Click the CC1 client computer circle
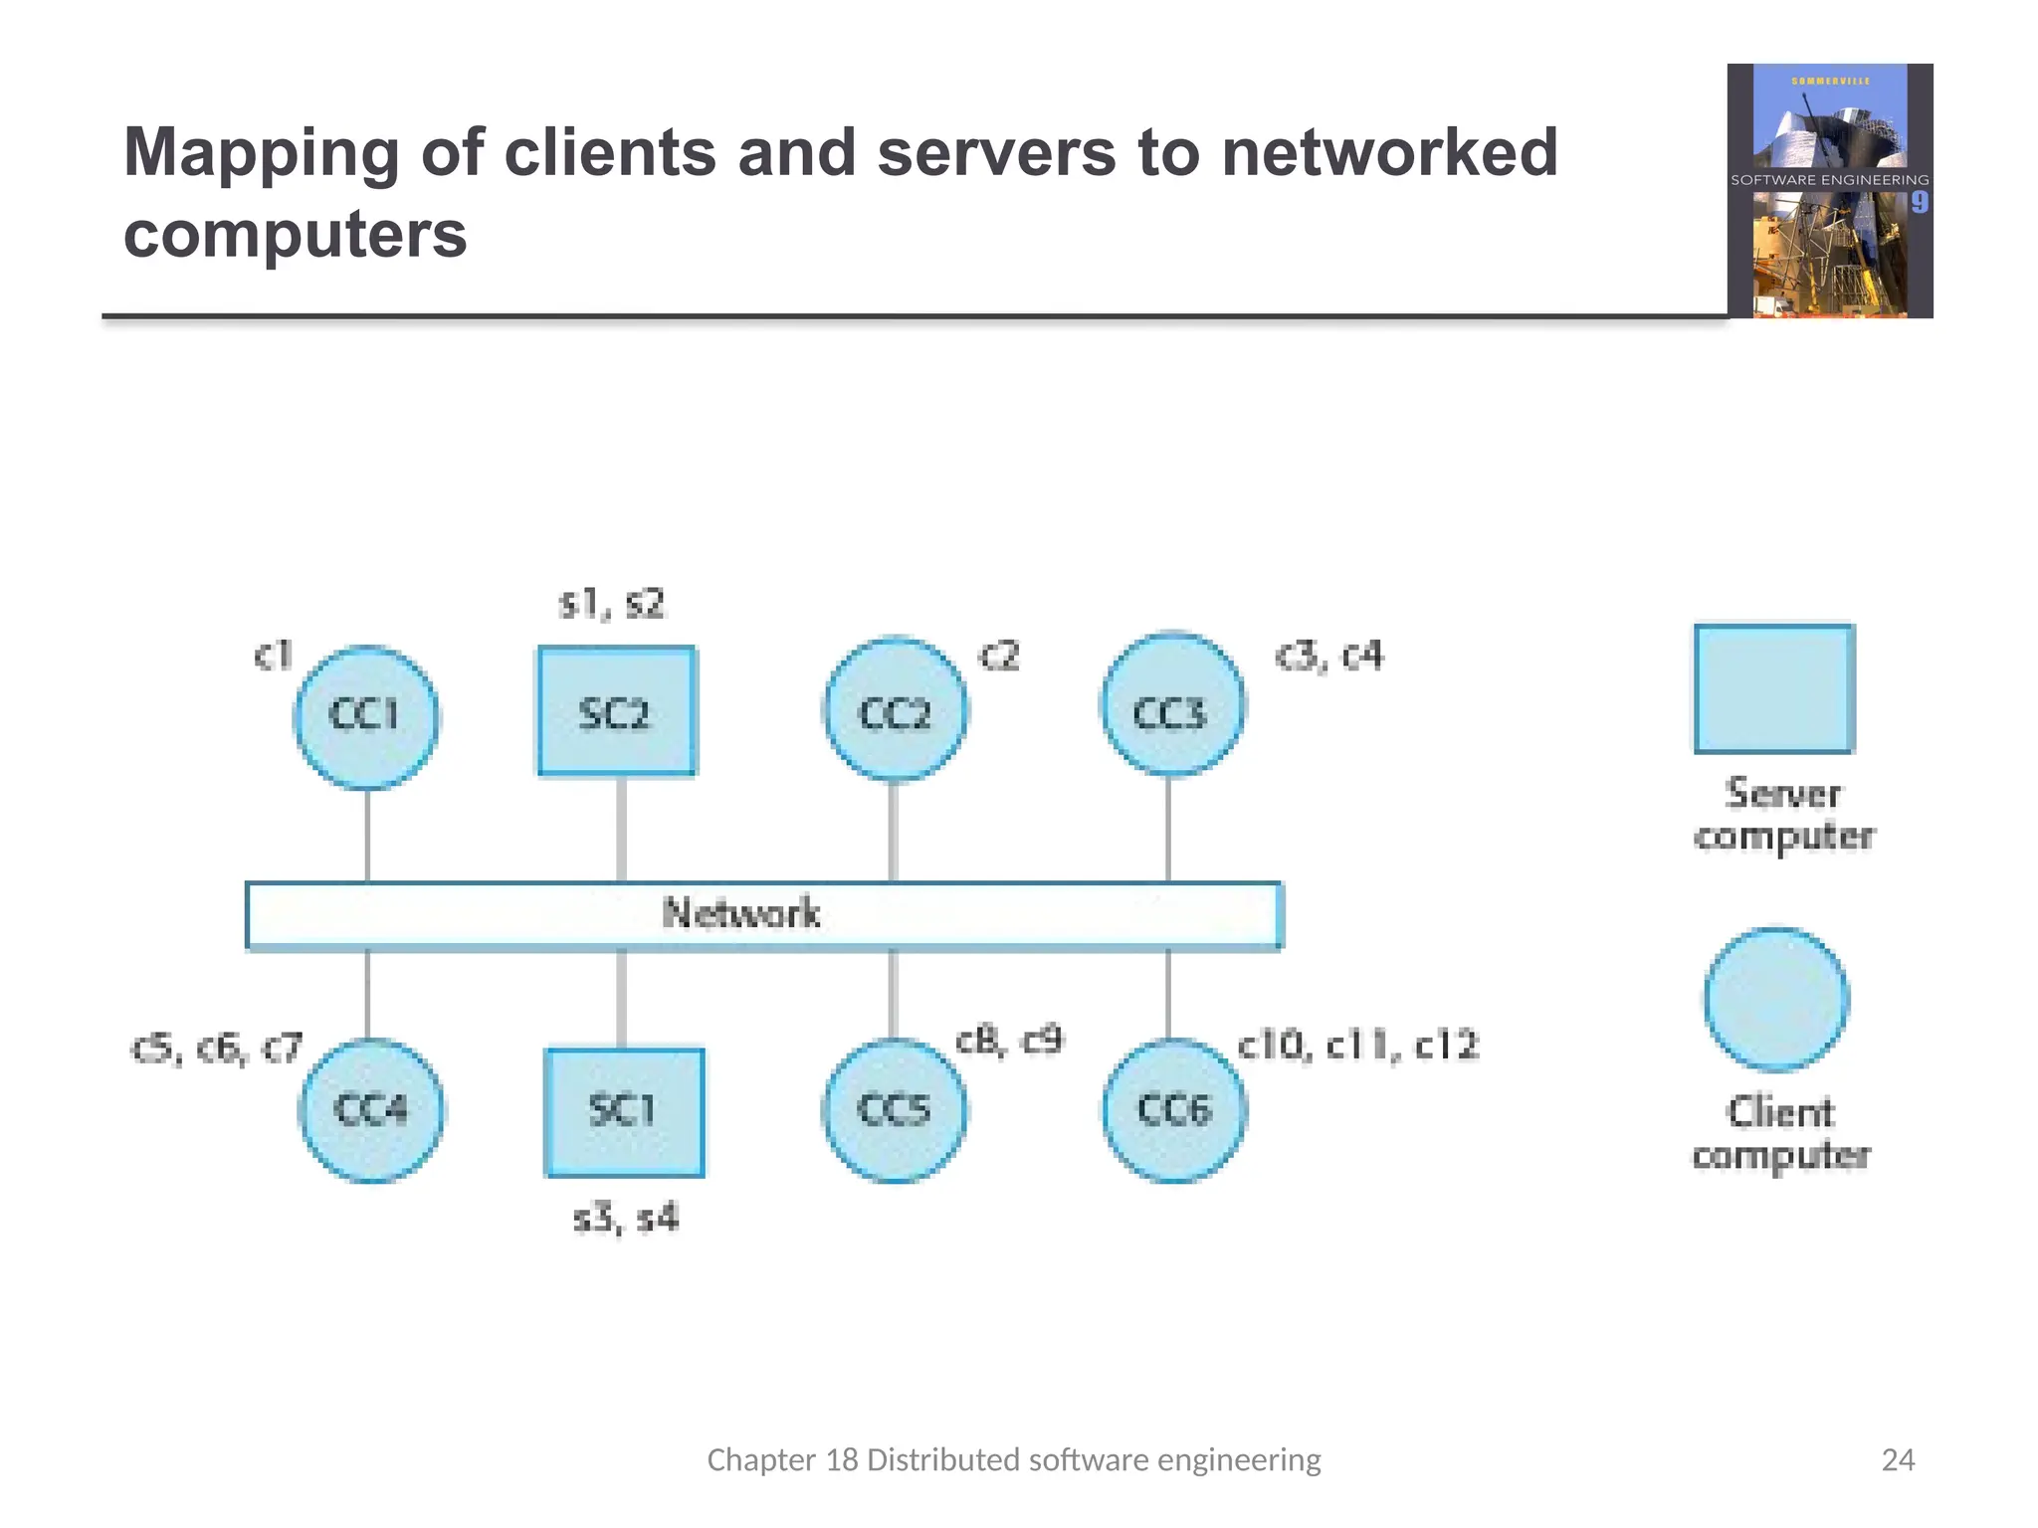pyautogui.click(x=366, y=716)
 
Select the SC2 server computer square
pyautogui.click(x=616, y=710)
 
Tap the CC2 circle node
pyautogui.click(x=895, y=709)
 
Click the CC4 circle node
pyautogui.click(x=371, y=1110)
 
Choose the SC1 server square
pyautogui.click(x=624, y=1112)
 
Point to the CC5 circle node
pyautogui.click(x=894, y=1110)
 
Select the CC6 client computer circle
pyautogui.click(x=1174, y=1110)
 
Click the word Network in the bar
pyautogui.click(x=741, y=913)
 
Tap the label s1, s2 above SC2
pyautogui.click(x=611, y=604)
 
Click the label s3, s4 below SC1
pyautogui.click(x=626, y=1218)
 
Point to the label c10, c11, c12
pyautogui.click(x=1357, y=1046)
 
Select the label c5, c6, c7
pyautogui.click(x=216, y=1049)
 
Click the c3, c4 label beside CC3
pyautogui.click(x=1328, y=657)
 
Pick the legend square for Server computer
pyautogui.click(x=1773, y=688)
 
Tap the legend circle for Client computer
pyautogui.click(x=1776, y=999)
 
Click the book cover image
pyautogui.click(x=1829, y=191)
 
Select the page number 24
pyautogui.click(x=1898, y=1459)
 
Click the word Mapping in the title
pyautogui.click(x=261, y=154)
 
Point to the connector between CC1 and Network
pyautogui.click(x=367, y=835)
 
